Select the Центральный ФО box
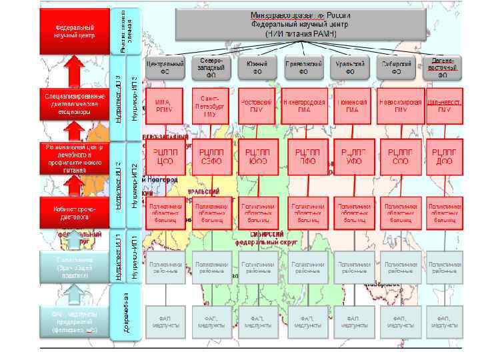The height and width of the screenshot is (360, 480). [165, 67]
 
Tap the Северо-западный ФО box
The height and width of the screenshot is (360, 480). [212, 67]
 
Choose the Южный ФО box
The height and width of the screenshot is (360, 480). [257, 67]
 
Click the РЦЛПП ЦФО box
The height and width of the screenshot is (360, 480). [164, 157]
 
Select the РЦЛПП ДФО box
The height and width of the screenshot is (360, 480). [444, 157]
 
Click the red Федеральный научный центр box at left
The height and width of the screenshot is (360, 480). [74, 31]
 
